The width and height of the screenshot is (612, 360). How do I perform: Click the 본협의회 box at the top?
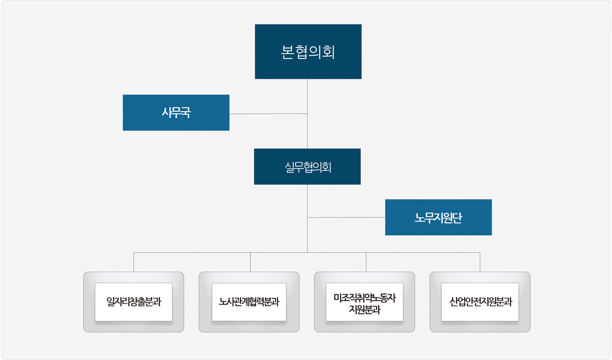[308, 51]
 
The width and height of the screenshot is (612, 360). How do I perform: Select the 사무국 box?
[176, 113]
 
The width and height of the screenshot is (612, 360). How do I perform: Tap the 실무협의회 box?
[307, 167]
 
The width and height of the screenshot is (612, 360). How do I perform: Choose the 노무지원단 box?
[438, 217]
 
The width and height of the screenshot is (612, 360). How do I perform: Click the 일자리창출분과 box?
[134, 302]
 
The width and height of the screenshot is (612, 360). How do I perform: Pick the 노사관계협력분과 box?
[249, 302]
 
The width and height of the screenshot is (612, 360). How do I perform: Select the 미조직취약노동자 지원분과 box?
[364, 302]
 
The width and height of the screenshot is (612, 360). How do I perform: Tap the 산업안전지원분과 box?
[480, 302]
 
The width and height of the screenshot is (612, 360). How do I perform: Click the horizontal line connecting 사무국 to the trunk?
[268, 114]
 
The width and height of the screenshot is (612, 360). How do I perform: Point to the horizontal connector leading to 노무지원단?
[347, 217]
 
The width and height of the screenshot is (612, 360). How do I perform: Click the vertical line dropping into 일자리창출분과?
[134, 262]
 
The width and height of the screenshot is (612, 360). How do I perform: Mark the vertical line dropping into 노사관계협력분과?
[250, 262]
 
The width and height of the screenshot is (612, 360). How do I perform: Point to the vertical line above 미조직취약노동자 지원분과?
[366, 262]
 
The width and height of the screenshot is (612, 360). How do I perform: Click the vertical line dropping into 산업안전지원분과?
[480, 262]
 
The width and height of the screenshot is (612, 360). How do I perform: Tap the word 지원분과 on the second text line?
[364, 310]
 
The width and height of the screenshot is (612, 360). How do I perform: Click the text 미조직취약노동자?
[364, 297]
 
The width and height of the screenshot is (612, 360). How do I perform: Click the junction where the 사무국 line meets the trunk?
[307, 114]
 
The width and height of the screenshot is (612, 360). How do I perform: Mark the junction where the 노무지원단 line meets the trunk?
[307, 217]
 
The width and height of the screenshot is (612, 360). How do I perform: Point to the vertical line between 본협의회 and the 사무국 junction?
[307, 96]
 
